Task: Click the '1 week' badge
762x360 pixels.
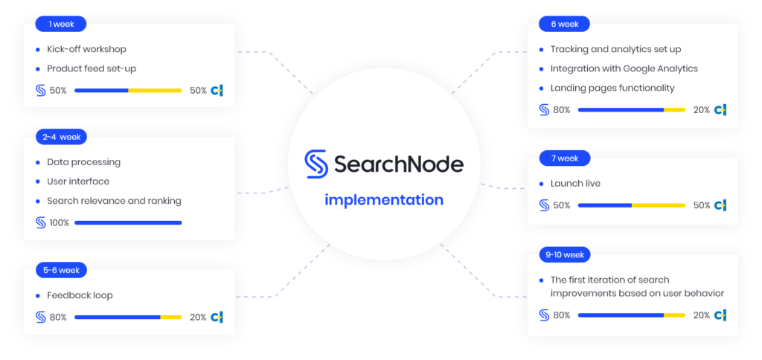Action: click(x=61, y=24)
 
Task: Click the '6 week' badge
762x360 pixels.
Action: click(x=565, y=24)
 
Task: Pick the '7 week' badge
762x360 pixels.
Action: click(x=565, y=158)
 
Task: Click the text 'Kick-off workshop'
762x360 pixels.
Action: click(x=86, y=49)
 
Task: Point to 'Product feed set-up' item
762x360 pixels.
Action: click(x=92, y=68)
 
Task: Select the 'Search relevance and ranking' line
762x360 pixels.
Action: click(x=114, y=201)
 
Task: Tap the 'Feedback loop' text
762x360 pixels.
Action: click(x=80, y=295)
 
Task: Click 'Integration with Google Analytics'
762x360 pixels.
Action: click(x=624, y=68)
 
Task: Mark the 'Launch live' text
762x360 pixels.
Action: click(x=575, y=183)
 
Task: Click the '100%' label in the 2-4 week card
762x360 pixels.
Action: click(x=59, y=222)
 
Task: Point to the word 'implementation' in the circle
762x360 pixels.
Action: click(x=383, y=200)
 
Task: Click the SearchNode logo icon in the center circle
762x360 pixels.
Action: click(x=316, y=164)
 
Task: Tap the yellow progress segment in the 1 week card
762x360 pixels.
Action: click(x=155, y=91)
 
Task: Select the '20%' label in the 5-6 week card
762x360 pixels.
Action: click(x=198, y=318)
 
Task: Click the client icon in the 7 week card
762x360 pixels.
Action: click(x=720, y=205)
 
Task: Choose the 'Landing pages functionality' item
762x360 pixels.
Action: click(x=612, y=88)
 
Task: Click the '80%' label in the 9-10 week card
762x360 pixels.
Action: click(x=562, y=315)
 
